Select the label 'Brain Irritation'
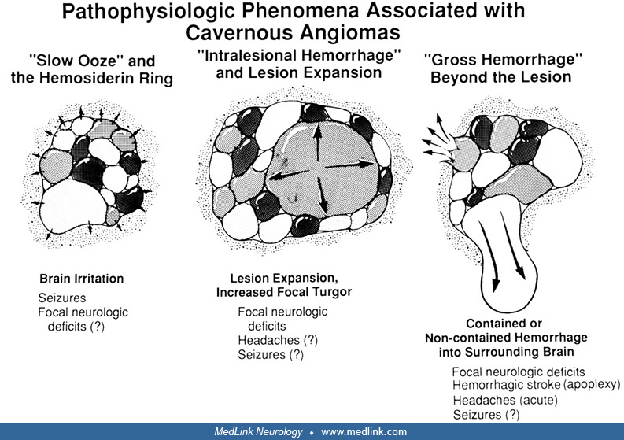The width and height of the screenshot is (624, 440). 82,279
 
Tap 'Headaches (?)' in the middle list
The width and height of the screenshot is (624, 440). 271,340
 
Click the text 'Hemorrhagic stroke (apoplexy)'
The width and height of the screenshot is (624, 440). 536,385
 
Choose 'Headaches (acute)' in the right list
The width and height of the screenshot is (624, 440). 505,400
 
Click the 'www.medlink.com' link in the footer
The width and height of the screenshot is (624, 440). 364,432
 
